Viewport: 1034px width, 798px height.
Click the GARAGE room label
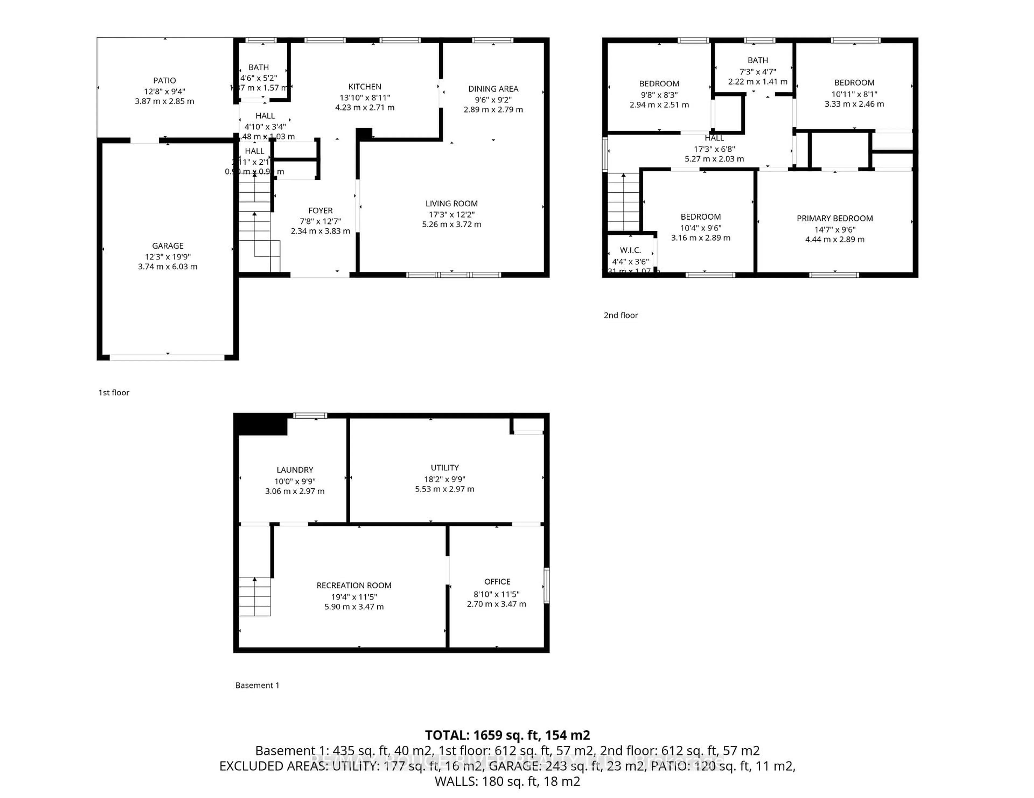(x=167, y=245)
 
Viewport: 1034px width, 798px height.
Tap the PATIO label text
(x=164, y=80)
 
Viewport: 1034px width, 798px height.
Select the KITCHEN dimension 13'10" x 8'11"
(x=365, y=97)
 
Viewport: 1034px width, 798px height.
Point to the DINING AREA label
(x=493, y=89)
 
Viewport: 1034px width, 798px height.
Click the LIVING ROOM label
(x=451, y=203)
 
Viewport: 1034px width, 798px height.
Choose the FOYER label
(x=320, y=210)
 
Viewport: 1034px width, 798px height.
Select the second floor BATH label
(x=757, y=60)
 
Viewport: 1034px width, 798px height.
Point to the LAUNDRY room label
(x=295, y=470)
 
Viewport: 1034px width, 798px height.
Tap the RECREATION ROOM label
(x=354, y=585)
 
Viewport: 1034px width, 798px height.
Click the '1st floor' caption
(x=114, y=392)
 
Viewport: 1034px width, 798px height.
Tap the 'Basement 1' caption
(x=257, y=685)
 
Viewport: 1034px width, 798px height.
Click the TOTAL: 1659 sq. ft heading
(x=507, y=735)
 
